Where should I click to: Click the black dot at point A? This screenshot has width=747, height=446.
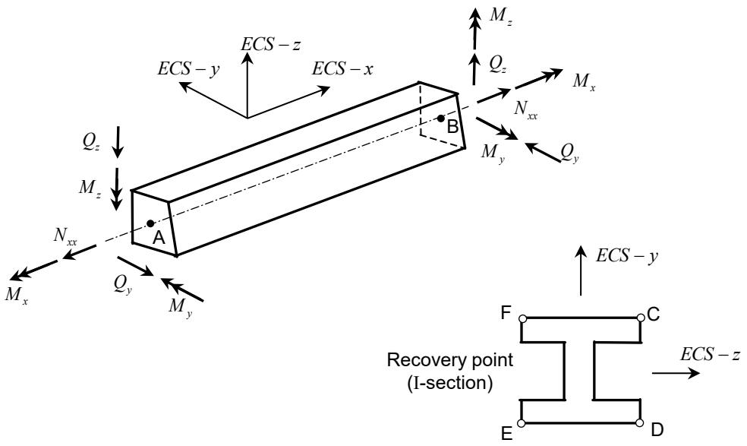click(x=150, y=223)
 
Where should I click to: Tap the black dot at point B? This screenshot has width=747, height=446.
click(x=441, y=119)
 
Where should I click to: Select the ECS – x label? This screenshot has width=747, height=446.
click(x=342, y=69)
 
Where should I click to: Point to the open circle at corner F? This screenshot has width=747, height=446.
click(x=522, y=318)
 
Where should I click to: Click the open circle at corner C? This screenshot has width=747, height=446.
click(x=640, y=317)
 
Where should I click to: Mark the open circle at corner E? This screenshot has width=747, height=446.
click(x=522, y=423)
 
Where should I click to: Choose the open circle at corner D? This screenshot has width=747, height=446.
click(x=640, y=422)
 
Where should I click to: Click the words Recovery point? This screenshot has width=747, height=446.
click(x=450, y=360)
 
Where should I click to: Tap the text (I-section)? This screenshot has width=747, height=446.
click(x=450, y=383)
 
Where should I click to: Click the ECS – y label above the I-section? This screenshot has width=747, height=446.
click(x=627, y=256)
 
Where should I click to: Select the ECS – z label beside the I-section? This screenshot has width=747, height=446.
click(x=711, y=354)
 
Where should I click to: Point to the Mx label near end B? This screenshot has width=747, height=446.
click(x=584, y=81)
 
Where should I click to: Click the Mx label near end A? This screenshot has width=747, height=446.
click(x=16, y=296)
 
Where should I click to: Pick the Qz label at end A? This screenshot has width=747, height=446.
click(x=91, y=142)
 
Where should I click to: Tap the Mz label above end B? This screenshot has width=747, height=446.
click(x=501, y=16)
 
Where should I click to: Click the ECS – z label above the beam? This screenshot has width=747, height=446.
click(x=270, y=44)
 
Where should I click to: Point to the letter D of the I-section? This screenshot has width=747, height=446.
click(x=657, y=430)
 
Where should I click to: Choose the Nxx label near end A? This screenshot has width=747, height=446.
click(x=65, y=236)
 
